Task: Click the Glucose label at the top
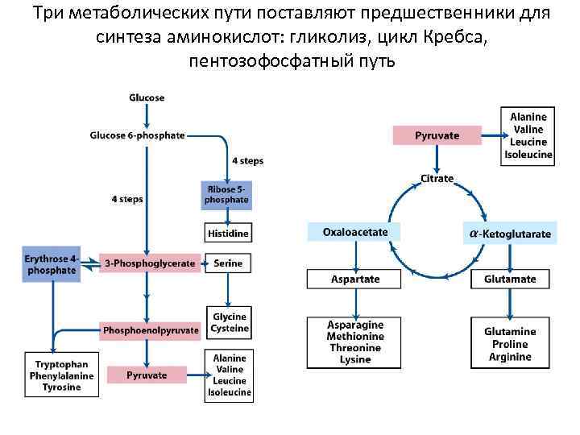(147, 97)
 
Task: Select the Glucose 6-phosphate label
(137, 135)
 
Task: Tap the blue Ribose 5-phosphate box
(226, 194)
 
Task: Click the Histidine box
(227, 233)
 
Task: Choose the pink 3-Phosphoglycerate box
(149, 263)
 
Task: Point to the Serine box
(228, 263)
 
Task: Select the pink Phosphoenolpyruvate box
(150, 329)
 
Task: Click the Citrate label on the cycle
(437, 178)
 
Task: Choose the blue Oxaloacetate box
(355, 232)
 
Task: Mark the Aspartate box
(355, 280)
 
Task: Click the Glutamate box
(510, 280)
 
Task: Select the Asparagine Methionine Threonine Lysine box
(354, 342)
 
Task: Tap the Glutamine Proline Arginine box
(510, 344)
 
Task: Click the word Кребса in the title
(454, 37)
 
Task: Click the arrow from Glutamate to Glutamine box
(510, 303)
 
